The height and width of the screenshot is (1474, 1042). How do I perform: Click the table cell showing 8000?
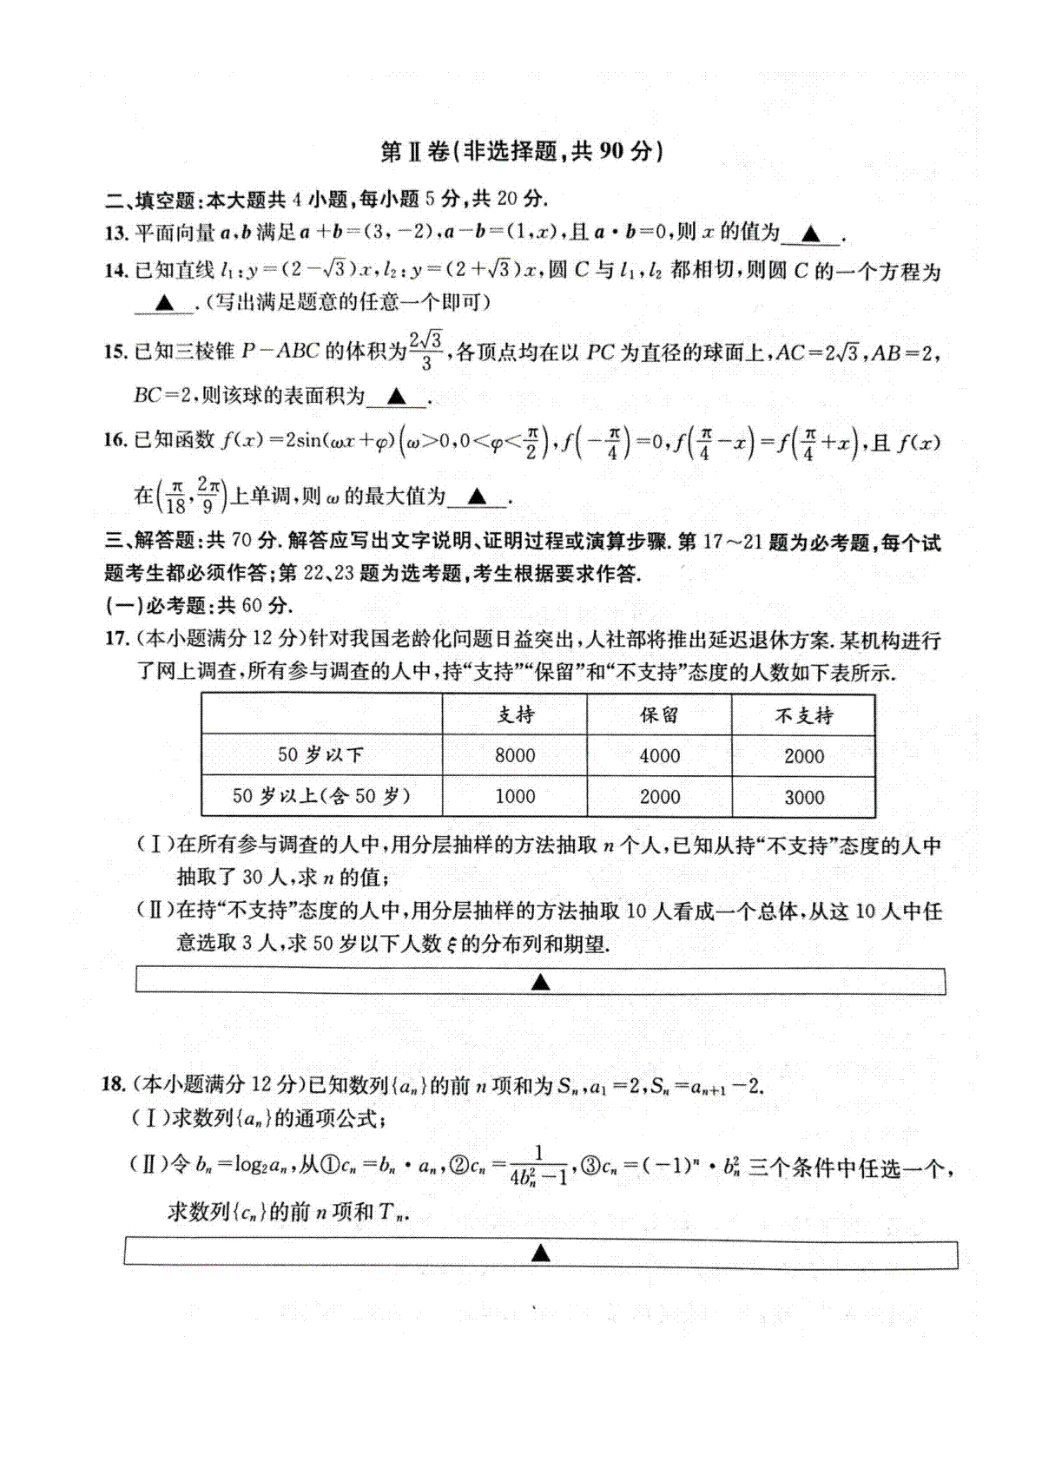515,755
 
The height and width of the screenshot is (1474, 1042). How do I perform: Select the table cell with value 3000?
804,797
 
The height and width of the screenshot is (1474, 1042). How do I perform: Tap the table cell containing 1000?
515,796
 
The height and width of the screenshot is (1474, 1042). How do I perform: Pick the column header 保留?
659,715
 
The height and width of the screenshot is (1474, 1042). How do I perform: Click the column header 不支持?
804,716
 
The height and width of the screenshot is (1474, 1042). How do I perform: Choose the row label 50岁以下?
320,754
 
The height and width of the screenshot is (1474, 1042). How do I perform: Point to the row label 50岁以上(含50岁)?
321,796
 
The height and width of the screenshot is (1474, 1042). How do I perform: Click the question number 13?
115,233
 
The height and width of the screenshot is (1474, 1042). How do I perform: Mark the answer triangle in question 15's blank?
396,398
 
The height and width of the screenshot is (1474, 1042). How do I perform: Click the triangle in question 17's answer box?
540,982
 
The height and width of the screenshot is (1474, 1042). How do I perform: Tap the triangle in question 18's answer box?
540,1253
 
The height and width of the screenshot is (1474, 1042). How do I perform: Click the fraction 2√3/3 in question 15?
426,351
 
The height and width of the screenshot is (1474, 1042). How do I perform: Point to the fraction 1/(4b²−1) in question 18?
538,1166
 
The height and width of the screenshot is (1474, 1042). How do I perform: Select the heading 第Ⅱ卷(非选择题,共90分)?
522,151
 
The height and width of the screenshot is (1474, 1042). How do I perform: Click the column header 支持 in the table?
515,715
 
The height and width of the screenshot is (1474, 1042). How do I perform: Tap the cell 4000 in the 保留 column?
659,756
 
